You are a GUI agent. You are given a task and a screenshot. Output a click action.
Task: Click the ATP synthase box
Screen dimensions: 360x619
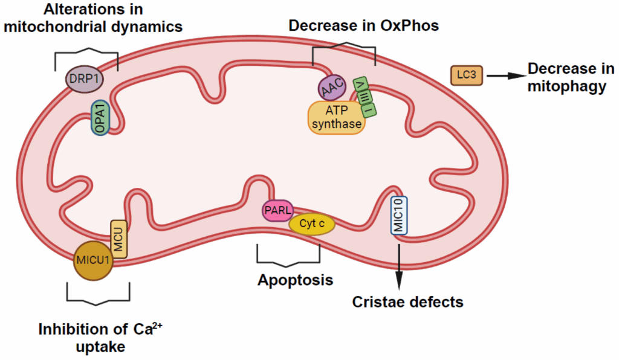point(337,117)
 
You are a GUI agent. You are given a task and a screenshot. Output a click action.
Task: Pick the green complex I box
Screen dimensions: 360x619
point(369,109)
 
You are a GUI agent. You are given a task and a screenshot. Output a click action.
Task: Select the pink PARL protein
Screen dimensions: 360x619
point(277,211)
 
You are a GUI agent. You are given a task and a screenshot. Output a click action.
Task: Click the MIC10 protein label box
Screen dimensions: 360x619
point(398,215)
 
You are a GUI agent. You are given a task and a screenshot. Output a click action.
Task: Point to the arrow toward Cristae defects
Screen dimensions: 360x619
point(398,266)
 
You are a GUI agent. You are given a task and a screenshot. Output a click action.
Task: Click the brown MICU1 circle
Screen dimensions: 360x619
point(93,261)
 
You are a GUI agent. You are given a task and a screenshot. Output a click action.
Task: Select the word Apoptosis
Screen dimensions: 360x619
point(295,280)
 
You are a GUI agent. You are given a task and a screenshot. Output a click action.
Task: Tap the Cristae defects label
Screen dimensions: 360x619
point(407,301)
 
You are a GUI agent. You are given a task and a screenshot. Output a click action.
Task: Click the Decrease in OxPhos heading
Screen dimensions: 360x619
point(363,26)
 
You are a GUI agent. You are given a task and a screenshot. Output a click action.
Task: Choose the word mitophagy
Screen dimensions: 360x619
point(566,86)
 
